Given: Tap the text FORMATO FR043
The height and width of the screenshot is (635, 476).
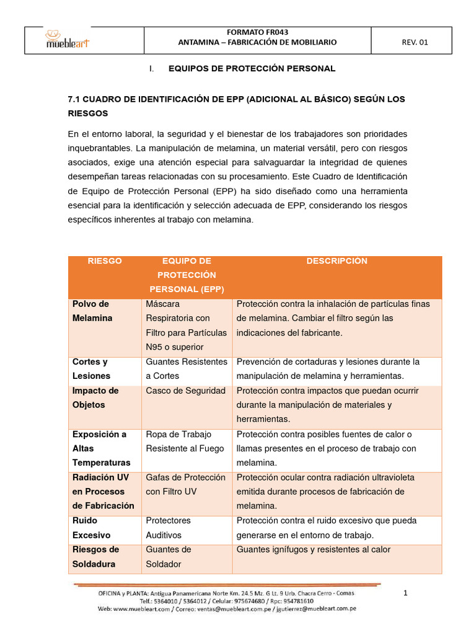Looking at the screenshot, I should pos(257,32).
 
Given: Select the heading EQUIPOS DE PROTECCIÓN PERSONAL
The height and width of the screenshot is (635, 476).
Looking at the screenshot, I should pos(252,68).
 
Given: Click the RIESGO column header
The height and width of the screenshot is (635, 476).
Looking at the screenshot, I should pos(105,261).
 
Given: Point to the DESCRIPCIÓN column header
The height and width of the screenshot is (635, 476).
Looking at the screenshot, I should pos(337,261).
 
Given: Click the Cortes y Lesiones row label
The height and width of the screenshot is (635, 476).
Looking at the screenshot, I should pos(91,368).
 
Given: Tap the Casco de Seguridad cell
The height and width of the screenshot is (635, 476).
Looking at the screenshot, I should pos(185,391).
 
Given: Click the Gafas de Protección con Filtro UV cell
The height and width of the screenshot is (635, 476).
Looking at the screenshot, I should pos(185,484).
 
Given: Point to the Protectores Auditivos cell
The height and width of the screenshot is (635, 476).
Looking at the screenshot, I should pos(169,528).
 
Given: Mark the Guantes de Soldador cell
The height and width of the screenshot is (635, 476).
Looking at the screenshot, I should pos(169,556).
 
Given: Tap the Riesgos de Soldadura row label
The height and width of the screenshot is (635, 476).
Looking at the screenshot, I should pos(95,556).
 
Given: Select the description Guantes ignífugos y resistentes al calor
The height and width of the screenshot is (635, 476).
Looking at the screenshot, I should pos(314,549).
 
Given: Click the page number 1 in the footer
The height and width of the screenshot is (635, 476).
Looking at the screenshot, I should pos(405,593).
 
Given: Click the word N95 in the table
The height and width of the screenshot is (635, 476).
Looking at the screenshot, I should pos(155,347).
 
